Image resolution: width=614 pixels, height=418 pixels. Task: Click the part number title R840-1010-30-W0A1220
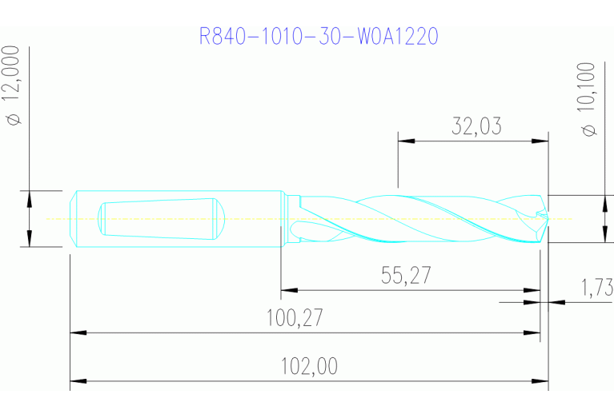tap(319, 37)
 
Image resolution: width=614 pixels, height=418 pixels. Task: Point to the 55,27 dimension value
tap(405, 276)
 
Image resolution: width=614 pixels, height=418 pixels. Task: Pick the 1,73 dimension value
tap(596, 285)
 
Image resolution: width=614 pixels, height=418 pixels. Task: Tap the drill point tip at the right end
tap(548, 218)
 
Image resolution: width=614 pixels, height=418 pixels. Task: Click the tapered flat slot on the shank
tap(160, 218)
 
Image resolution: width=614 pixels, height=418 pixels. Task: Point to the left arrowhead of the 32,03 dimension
tap(406, 141)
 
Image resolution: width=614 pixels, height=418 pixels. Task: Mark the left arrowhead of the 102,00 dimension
tap(78, 381)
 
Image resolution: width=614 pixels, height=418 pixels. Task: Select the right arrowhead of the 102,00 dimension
tap(540, 381)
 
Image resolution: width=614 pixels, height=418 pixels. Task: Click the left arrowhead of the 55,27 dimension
tap(288, 290)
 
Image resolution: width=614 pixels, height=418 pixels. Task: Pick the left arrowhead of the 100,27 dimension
tap(78, 332)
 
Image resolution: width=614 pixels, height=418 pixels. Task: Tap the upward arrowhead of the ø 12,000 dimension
tap(29, 198)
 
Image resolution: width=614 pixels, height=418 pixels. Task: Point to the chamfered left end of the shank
tap(72, 218)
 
